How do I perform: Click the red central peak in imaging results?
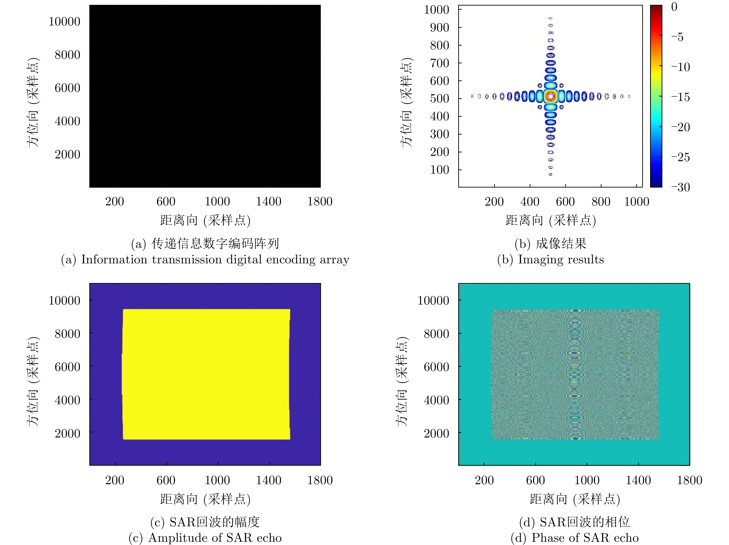pyautogui.click(x=550, y=96)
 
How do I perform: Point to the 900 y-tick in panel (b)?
pyautogui.click(x=439, y=28)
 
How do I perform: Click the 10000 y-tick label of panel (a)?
pyautogui.click(x=64, y=22)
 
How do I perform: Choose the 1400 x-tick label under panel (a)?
pyautogui.click(x=269, y=202)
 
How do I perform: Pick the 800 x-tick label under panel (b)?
pyautogui.click(x=601, y=202)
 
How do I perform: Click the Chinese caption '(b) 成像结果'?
pyautogui.click(x=550, y=244)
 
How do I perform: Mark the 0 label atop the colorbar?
pyautogui.click(x=674, y=7)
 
